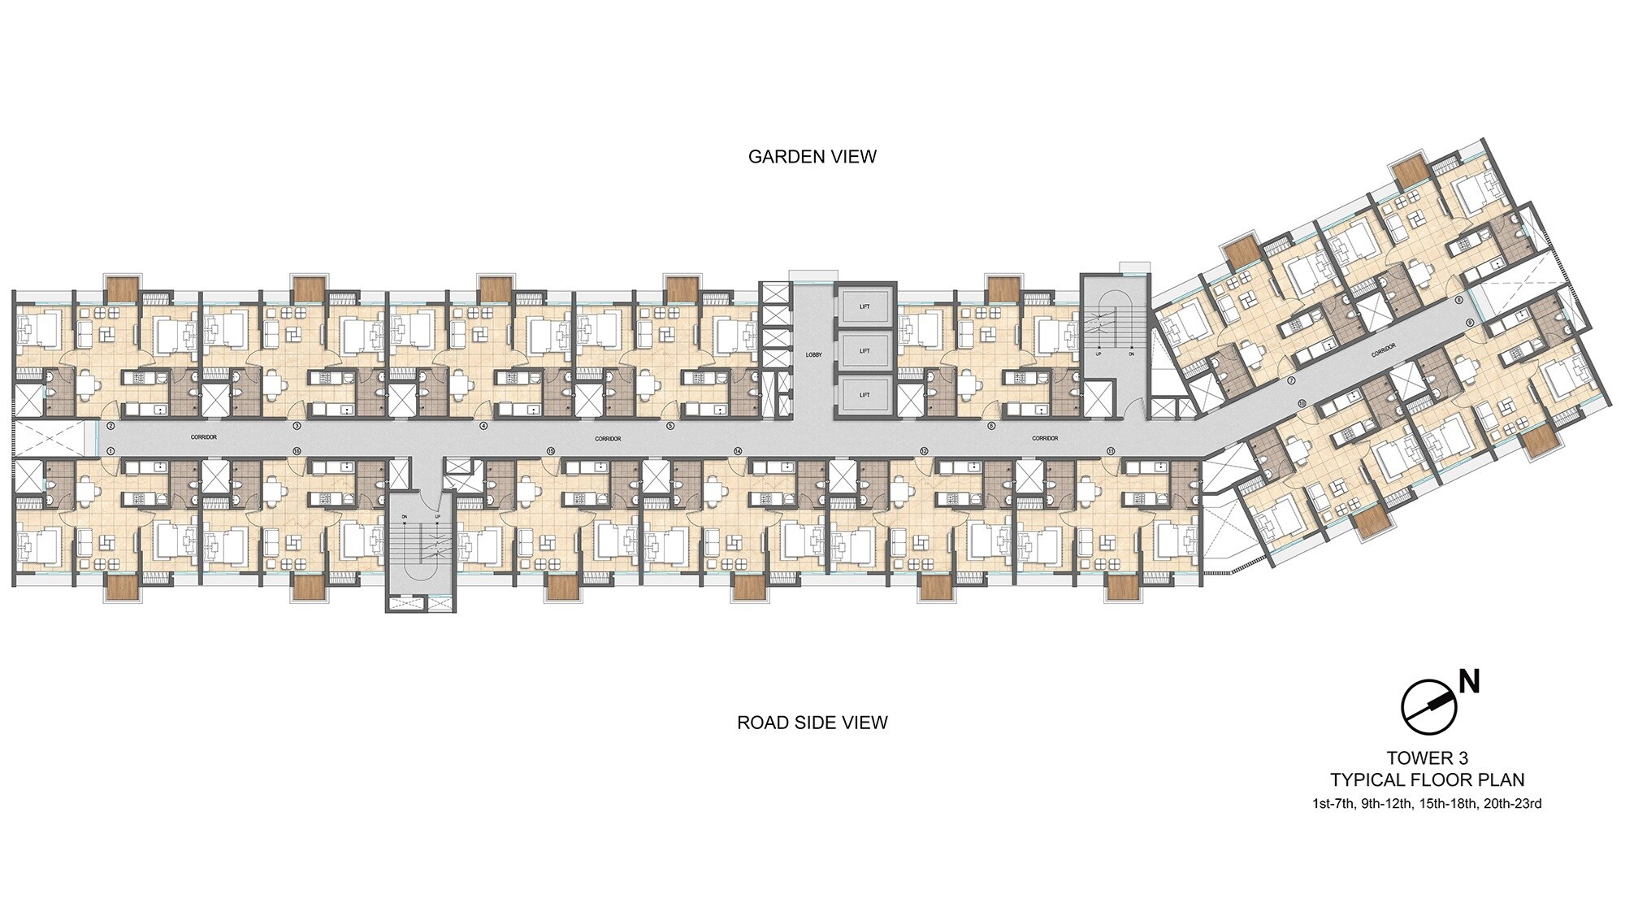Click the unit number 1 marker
(110, 450)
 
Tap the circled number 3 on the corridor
(297, 425)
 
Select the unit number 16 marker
(297, 450)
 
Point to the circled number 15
(551, 450)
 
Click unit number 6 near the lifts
(991, 425)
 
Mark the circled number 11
(1111, 450)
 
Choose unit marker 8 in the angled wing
(1459, 300)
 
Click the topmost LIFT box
(864, 306)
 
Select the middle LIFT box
(864, 351)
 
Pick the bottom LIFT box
(864, 395)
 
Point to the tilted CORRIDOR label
(1383, 350)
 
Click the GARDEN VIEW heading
(812, 157)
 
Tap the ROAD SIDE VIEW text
(812, 723)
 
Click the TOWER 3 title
(1427, 759)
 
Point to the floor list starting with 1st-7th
(1427, 804)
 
